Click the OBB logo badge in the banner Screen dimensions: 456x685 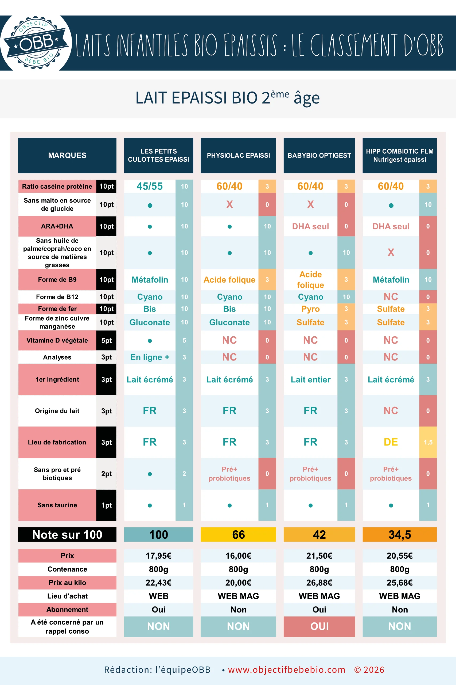pos(36,43)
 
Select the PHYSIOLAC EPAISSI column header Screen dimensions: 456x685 pos(238,155)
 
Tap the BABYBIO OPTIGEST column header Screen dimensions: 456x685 pos(319,155)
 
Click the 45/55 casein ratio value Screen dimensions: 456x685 pos(150,186)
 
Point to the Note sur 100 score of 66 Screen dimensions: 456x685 pos(238,534)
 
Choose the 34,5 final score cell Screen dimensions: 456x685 pos(400,534)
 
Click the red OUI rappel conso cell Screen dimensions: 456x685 pos(319,626)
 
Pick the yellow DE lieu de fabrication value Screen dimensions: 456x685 pos(391,442)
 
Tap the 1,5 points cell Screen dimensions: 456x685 pos(428,442)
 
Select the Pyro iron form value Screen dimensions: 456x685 pos(310,309)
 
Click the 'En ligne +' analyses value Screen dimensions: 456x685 pos(150,357)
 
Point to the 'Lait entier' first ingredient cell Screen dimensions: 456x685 pos(310,379)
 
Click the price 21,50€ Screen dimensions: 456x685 pos(319,556)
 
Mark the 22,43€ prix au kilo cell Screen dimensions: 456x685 pos(158,583)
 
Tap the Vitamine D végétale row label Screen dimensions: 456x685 pos(57,340)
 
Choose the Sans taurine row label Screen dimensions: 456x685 pos(57,505)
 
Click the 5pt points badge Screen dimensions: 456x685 pos(106,340)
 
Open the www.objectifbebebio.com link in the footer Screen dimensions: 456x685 pos(286,669)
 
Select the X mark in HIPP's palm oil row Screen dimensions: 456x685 pos(391,252)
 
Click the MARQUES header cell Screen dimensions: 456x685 pos(67,155)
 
